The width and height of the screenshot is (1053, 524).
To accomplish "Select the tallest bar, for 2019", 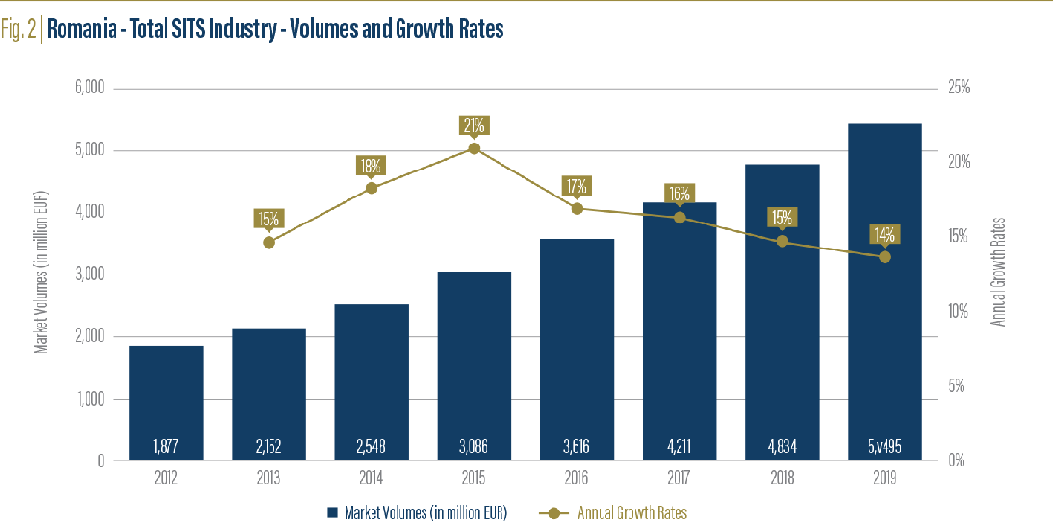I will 886,289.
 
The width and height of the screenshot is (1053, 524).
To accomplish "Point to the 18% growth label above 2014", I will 372,165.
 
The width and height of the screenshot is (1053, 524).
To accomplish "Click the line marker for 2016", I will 578,208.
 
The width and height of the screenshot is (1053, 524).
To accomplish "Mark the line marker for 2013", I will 269,242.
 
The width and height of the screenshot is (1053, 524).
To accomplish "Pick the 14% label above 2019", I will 886,234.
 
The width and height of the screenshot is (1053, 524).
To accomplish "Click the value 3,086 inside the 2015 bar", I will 475,446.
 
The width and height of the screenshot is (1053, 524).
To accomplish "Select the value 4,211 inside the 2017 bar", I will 680,446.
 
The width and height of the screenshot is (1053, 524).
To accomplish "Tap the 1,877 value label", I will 166,446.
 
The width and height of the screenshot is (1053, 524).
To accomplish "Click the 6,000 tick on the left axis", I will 89,89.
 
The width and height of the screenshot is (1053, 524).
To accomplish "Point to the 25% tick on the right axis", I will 959,89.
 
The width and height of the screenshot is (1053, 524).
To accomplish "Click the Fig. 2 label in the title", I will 19,30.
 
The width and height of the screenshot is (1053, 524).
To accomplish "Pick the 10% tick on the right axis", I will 959,312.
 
